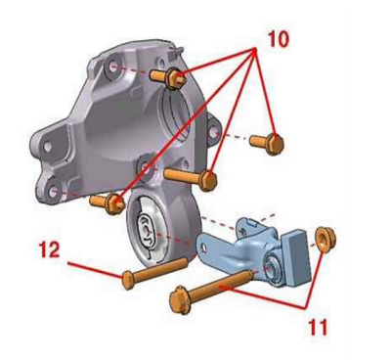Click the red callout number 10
click(x=279, y=39)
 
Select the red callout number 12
click(x=49, y=249)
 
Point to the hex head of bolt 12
click(x=127, y=281)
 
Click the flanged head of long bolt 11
click(x=180, y=299)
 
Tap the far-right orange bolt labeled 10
click(x=267, y=144)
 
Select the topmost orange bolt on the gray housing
click(x=168, y=77)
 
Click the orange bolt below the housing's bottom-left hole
click(x=108, y=203)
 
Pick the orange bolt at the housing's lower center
click(x=191, y=177)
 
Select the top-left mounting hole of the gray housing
click(x=112, y=67)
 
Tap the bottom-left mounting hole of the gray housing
click(x=53, y=192)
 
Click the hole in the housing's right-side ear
click(x=213, y=133)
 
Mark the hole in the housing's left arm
click(x=47, y=146)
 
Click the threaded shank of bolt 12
click(x=160, y=270)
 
